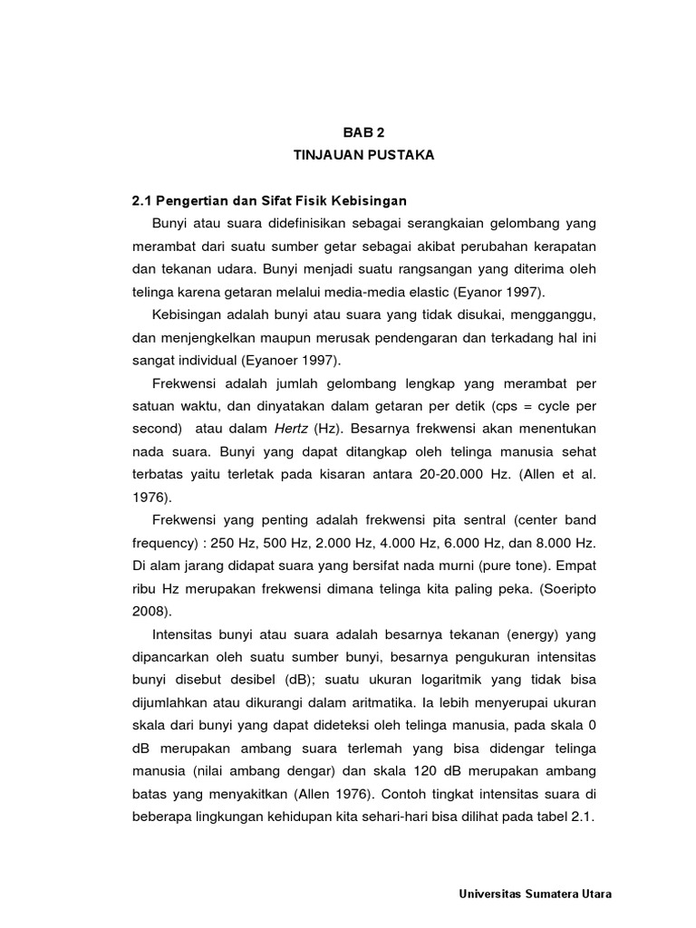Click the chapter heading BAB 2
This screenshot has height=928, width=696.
(363, 131)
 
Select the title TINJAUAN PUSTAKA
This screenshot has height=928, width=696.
(363, 155)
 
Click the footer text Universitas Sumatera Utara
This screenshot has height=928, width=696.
(536, 894)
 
